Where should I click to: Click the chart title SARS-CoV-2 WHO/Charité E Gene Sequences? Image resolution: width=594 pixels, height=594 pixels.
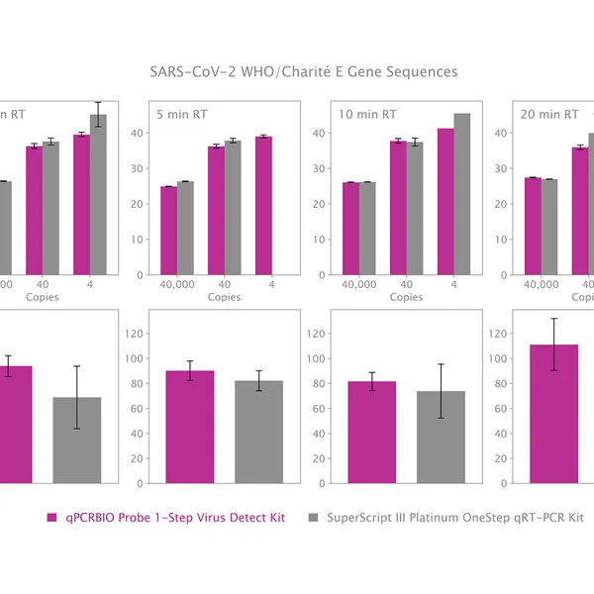pyautogui.click(x=303, y=72)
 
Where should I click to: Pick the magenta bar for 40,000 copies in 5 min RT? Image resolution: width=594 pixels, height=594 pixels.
pyautogui.click(x=168, y=231)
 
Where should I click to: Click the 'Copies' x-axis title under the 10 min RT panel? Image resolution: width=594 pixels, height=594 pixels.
pyautogui.click(x=406, y=297)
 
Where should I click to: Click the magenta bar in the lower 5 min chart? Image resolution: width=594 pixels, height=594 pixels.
pyautogui.click(x=190, y=427)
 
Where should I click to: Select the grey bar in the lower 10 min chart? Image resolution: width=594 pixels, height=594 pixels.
pyautogui.click(x=441, y=437)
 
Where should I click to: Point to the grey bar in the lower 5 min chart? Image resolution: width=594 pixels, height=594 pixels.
pyautogui.click(x=258, y=432)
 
